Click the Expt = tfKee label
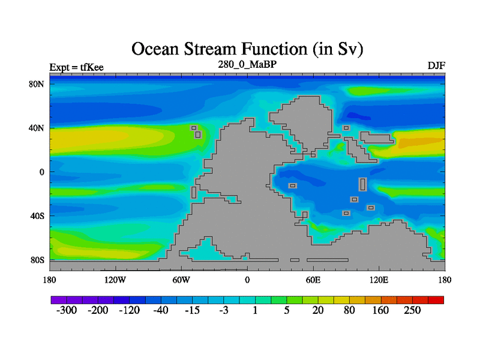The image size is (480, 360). pos(77,67)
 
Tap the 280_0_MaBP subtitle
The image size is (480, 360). pos(247,65)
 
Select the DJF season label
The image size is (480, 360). pos(436,66)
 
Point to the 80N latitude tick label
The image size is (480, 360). pos(37,84)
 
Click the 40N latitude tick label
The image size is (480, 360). pos(37,128)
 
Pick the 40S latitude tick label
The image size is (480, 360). pos(37,216)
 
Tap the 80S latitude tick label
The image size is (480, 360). pos(37,260)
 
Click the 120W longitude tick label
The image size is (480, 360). pos(115,280)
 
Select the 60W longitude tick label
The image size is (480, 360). pos(181,280)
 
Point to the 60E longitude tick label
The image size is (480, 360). pos(313,280)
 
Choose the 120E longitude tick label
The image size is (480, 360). pos(379,280)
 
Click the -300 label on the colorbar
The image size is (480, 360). pos(67,310)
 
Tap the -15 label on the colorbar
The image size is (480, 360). pos(192,310)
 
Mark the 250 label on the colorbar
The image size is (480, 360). pos(412,310)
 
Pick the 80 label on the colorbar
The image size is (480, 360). pos(349,310)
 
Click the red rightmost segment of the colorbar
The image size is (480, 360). pos(436,300)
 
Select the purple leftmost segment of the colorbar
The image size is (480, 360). pos(59,300)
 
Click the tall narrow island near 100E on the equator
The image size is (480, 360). pos(363,184)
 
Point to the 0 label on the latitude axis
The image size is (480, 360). pos(41,172)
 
